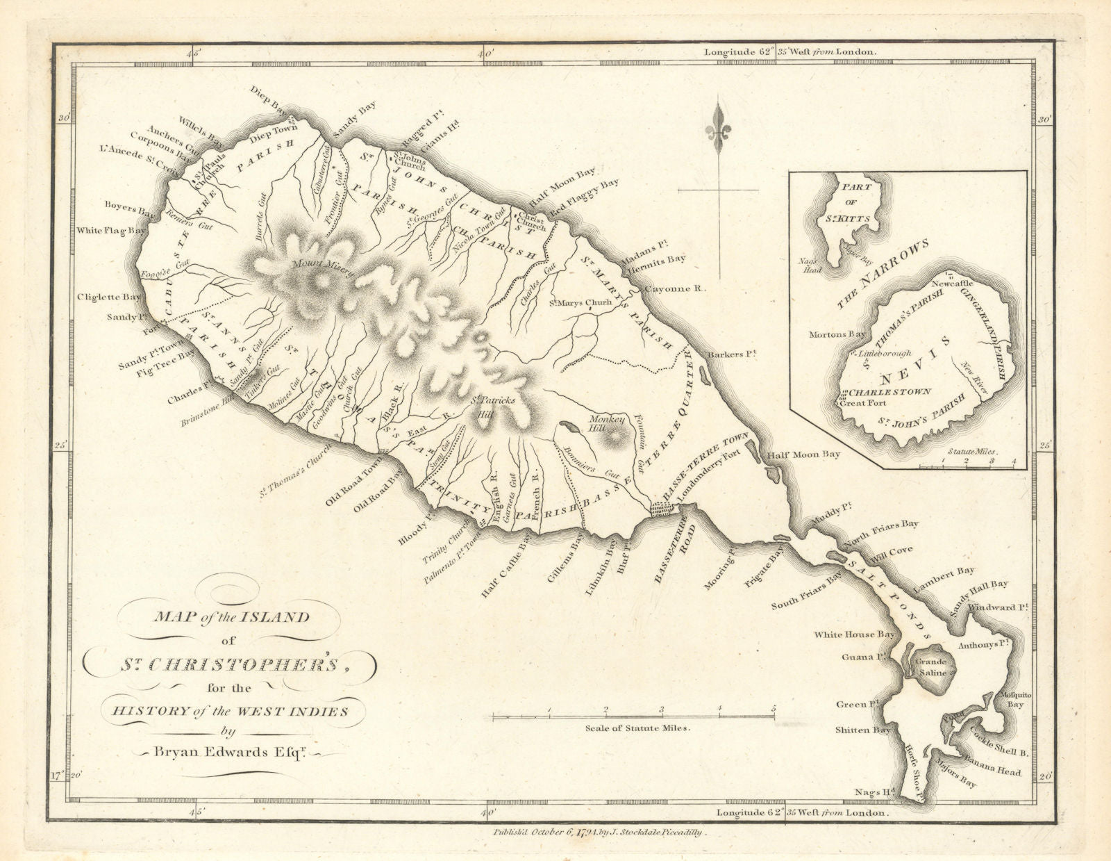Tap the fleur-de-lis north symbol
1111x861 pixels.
coord(717,133)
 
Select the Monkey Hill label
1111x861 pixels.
coord(608,424)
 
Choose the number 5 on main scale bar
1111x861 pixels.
coord(774,709)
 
